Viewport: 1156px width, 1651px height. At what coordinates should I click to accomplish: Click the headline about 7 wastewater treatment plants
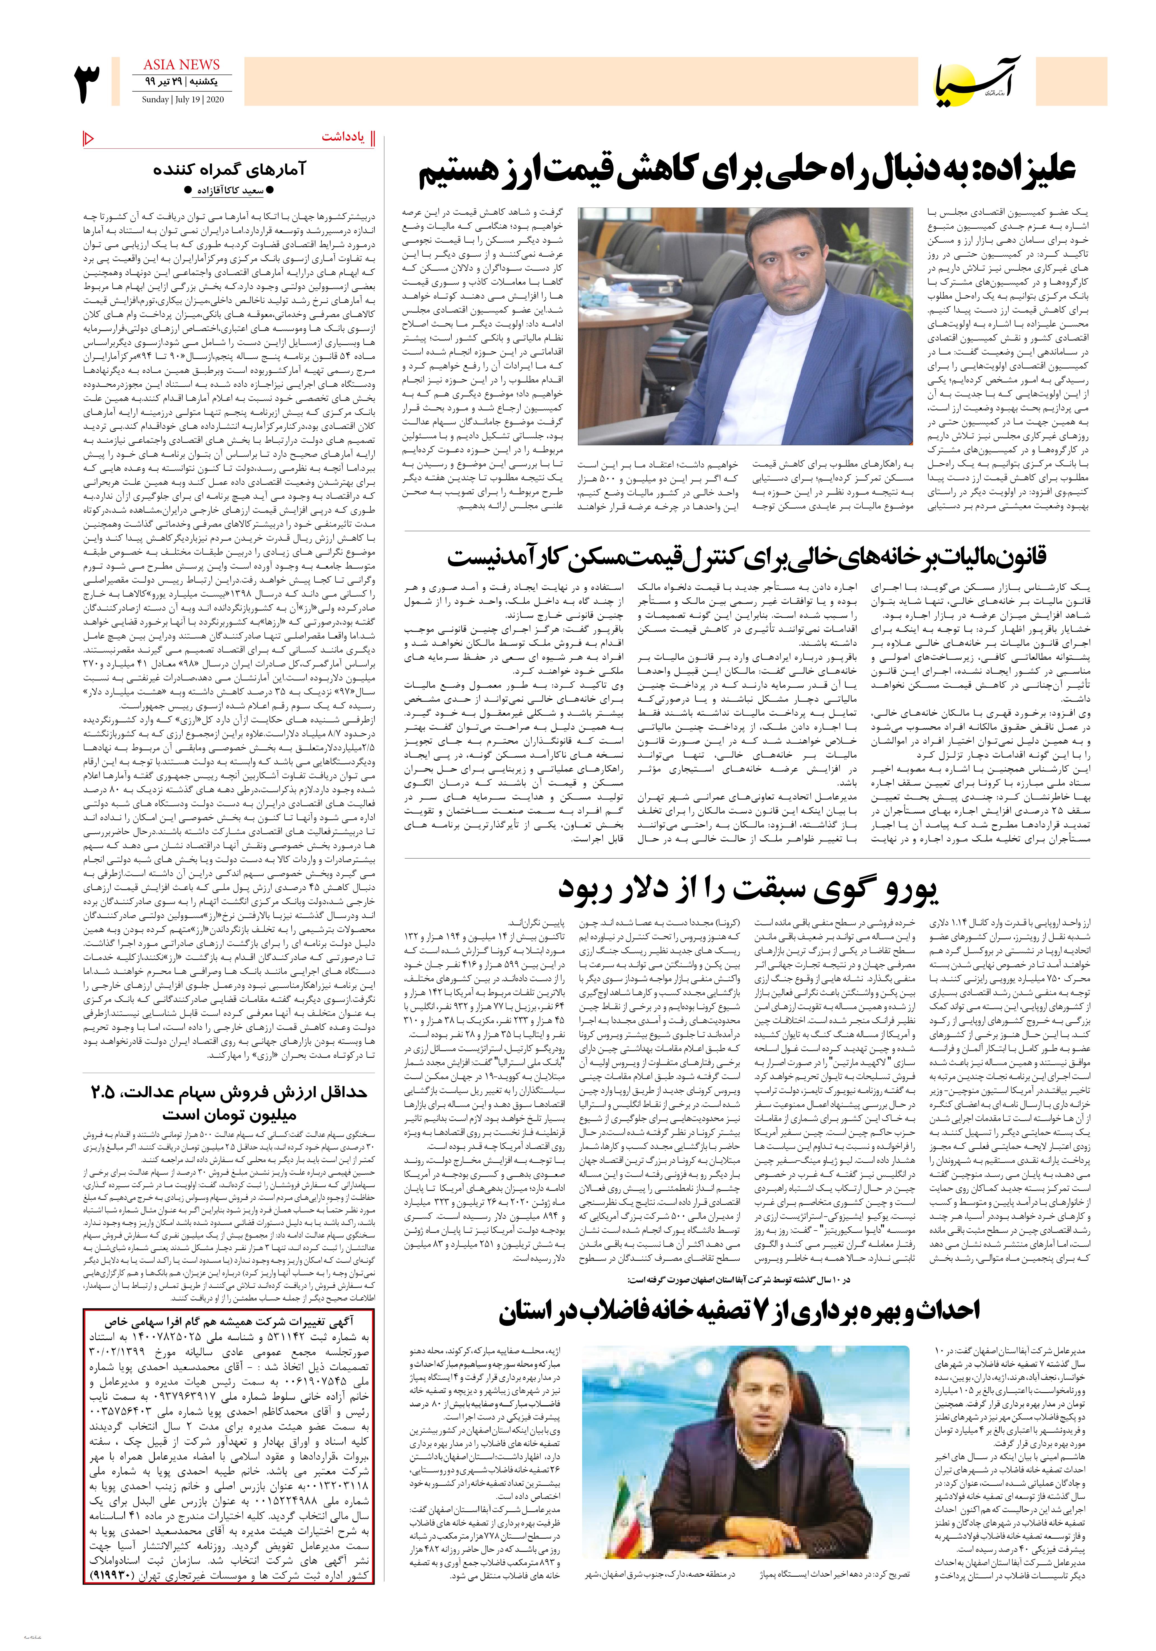tap(740, 1311)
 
